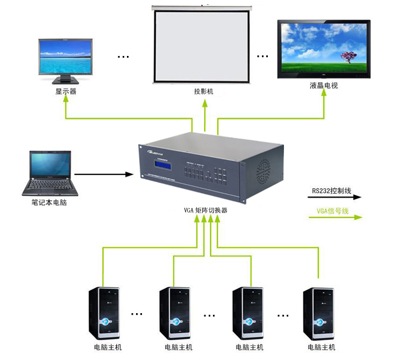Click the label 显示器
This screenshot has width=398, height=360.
coord(66,91)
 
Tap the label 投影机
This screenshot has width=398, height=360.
coord(204,91)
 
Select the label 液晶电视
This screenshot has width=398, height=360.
coord(324,86)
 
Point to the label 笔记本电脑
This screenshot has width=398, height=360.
coord(49,203)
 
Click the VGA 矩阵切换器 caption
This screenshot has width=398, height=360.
coord(205,210)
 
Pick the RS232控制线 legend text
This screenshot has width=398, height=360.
coord(331,190)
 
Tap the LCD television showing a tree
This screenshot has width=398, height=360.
coord(324,49)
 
